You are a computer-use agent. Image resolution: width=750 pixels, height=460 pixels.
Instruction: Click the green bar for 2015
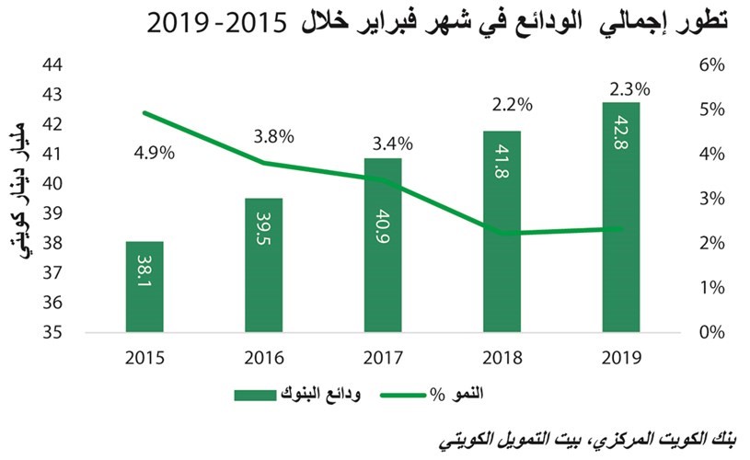[x=144, y=286]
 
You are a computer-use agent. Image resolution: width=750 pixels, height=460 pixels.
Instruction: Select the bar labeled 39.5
[x=263, y=265]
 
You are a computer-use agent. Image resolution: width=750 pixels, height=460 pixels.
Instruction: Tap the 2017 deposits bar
[x=383, y=245]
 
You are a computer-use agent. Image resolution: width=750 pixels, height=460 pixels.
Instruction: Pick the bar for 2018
[x=502, y=232]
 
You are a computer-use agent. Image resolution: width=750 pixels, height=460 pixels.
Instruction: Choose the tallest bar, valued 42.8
[x=621, y=217]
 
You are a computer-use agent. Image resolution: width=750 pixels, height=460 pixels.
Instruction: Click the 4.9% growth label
[x=154, y=154]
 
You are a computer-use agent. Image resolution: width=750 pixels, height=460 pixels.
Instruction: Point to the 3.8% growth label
[x=273, y=137]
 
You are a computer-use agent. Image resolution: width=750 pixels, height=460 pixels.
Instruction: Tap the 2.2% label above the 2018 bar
[x=513, y=105]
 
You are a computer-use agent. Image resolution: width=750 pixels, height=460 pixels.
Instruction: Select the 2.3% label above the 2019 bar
[x=629, y=89]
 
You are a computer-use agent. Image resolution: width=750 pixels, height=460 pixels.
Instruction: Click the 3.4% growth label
[x=393, y=144]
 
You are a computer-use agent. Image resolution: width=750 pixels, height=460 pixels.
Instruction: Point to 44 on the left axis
[x=52, y=64]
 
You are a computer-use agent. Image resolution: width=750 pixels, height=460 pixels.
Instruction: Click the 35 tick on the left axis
[x=52, y=332]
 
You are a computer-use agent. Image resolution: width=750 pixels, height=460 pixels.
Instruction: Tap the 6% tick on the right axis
[x=712, y=65]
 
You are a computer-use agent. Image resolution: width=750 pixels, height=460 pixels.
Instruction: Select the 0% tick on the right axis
[x=712, y=332]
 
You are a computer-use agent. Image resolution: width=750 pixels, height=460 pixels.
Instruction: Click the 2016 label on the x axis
[x=264, y=358]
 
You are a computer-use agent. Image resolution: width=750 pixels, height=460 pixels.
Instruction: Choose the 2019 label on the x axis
[x=621, y=358]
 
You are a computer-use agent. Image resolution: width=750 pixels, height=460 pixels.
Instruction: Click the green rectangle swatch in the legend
[x=256, y=396]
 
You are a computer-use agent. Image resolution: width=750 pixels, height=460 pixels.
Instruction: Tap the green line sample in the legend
[x=403, y=396]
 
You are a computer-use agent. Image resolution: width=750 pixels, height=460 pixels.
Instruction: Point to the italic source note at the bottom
[x=587, y=442]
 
